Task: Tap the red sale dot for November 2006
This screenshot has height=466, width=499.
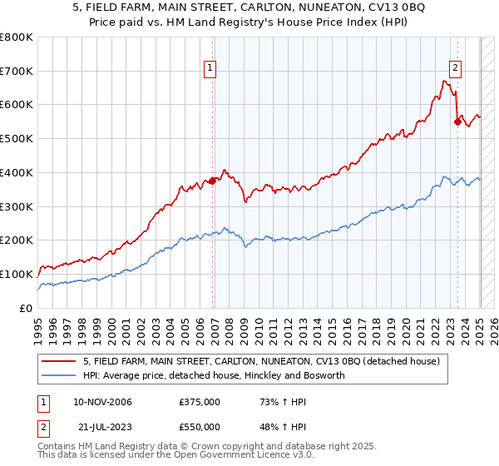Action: pos(213,180)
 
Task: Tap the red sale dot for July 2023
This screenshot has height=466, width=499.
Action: pos(457,121)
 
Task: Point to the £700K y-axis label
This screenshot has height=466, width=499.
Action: pos(17,71)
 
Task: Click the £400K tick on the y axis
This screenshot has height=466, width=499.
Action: pos(17,172)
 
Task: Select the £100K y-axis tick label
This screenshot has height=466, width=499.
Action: pos(17,274)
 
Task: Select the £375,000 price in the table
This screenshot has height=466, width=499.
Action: pos(199,402)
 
